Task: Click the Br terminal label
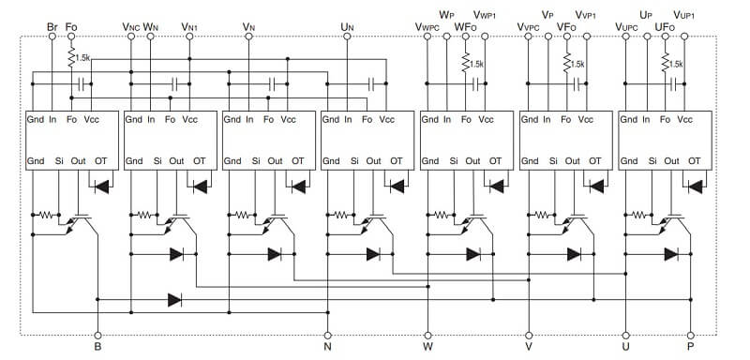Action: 52,26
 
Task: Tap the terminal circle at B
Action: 97,336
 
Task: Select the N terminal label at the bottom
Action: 327,348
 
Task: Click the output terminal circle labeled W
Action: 427,336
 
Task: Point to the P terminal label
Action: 690,348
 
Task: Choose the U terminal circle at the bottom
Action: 625,336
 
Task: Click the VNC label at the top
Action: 131,27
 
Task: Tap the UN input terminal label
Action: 347,27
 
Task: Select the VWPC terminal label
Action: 427,27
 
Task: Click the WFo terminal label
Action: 465,27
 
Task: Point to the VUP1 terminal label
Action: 684,15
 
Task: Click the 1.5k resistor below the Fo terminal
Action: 72,57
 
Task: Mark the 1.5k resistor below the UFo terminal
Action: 665,62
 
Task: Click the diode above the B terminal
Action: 174,300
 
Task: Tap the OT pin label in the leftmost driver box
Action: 101,161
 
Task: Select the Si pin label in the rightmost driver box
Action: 652,161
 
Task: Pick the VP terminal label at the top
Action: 547,15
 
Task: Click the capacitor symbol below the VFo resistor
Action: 577,84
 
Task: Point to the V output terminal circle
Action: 529,336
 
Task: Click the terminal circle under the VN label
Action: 248,37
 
